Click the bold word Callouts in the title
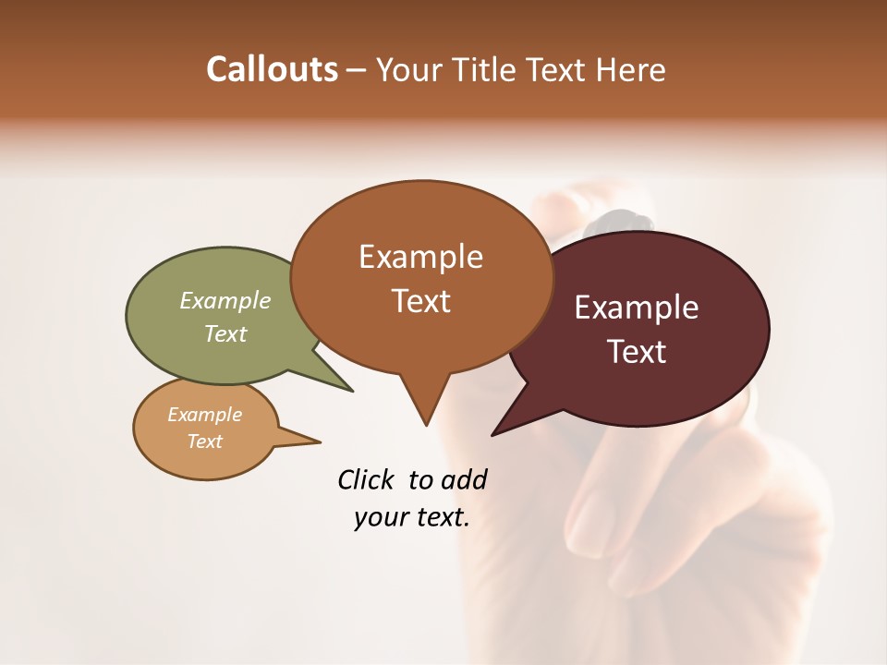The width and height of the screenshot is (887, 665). (x=272, y=69)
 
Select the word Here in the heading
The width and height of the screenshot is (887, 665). (x=629, y=70)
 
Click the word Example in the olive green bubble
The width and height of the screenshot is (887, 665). (x=225, y=301)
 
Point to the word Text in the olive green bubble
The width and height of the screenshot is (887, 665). (x=225, y=333)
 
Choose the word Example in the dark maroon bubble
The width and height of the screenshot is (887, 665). (x=637, y=308)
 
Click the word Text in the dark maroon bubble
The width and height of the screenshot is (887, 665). (x=637, y=352)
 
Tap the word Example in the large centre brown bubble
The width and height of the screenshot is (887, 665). (x=420, y=257)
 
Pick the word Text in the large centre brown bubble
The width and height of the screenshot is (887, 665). (x=420, y=301)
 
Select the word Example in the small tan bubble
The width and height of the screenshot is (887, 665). (x=204, y=415)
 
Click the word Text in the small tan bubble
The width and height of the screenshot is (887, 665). (x=204, y=441)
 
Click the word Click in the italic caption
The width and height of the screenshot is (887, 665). (x=366, y=479)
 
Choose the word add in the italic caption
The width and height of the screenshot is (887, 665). (x=464, y=479)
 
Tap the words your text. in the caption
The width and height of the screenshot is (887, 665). (x=412, y=517)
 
